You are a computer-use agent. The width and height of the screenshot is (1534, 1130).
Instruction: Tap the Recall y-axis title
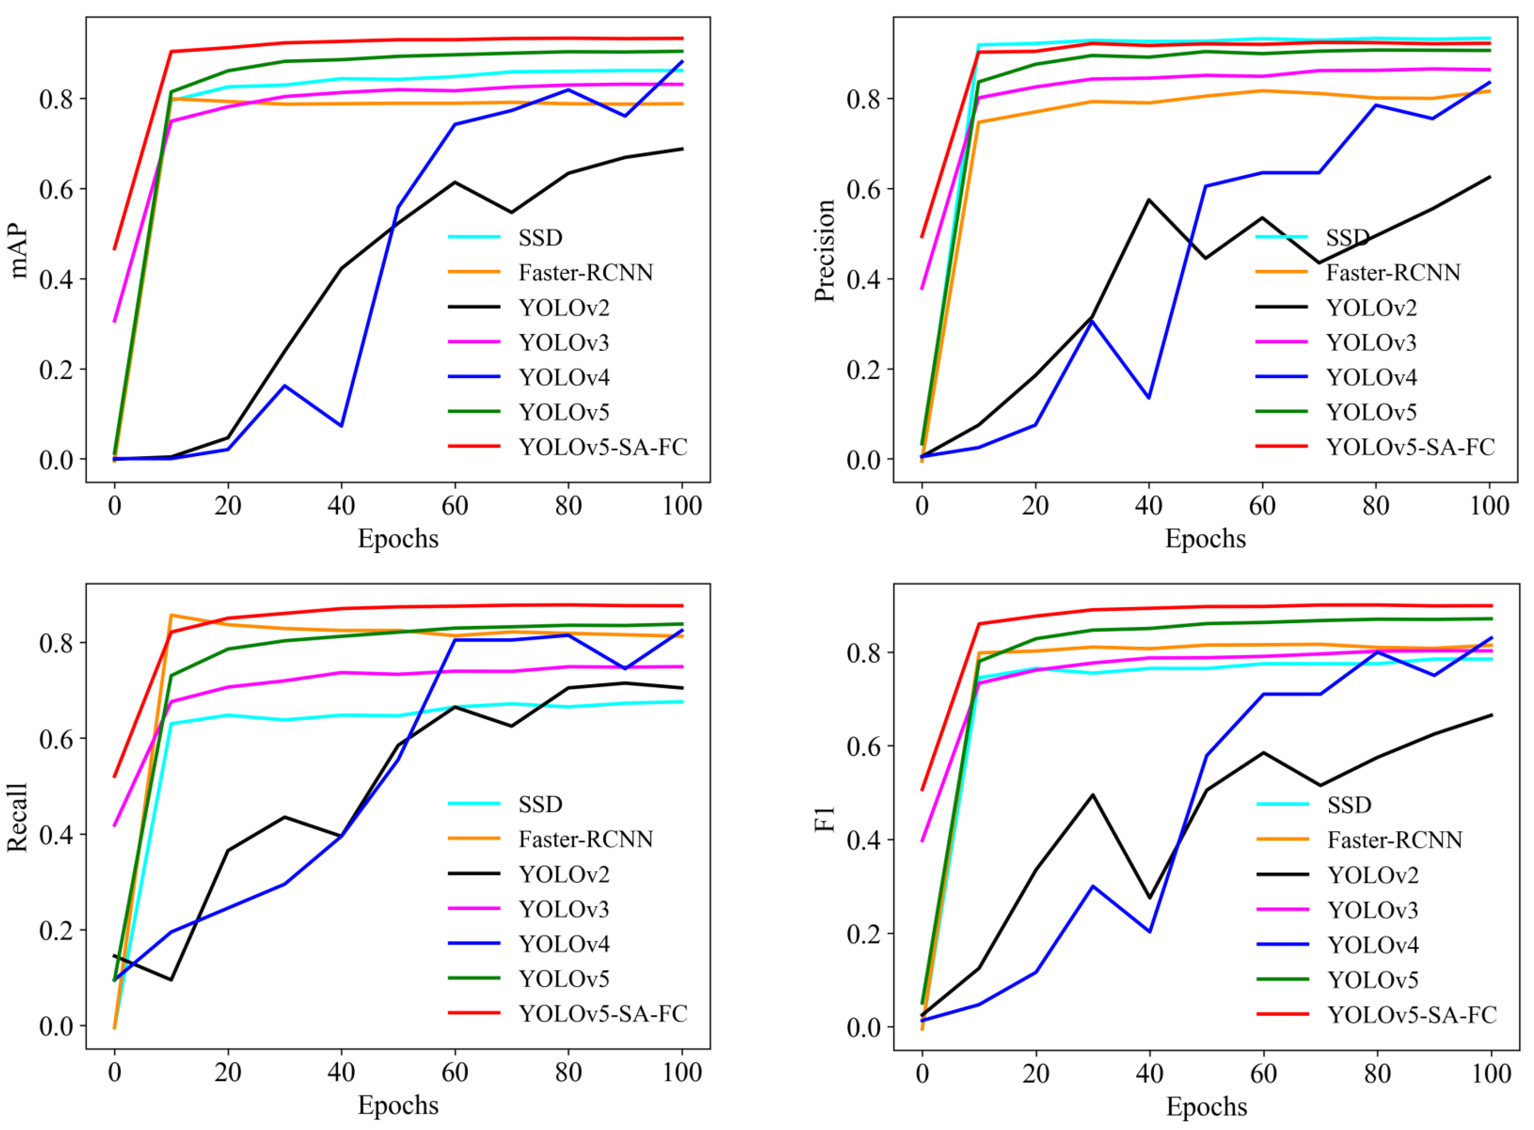[17, 817]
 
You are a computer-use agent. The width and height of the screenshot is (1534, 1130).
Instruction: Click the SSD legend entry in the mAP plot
[539, 237]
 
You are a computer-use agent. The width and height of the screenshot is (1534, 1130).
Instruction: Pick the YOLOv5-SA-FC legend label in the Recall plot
[603, 1013]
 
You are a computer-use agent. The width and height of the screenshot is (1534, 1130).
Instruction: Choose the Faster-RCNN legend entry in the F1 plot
[1394, 839]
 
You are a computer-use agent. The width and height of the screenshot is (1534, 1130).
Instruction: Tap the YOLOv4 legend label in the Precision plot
[1371, 377]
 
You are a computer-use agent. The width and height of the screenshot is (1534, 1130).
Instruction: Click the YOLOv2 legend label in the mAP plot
[563, 308]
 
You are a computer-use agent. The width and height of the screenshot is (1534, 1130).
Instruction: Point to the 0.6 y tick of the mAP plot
[56, 190]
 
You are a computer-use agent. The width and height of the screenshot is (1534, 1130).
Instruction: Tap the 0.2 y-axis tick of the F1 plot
[864, 933]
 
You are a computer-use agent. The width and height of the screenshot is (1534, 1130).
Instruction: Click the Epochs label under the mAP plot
[398, 539]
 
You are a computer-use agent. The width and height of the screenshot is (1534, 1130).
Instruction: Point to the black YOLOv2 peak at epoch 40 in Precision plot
[1148, 200]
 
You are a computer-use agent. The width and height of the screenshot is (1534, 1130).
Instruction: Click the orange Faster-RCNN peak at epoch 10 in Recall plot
[171, 615]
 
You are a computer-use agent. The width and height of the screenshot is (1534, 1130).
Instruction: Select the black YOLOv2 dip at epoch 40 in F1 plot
[1149, 897]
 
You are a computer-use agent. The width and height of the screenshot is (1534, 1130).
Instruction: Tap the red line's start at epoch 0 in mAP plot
[114, 249]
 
